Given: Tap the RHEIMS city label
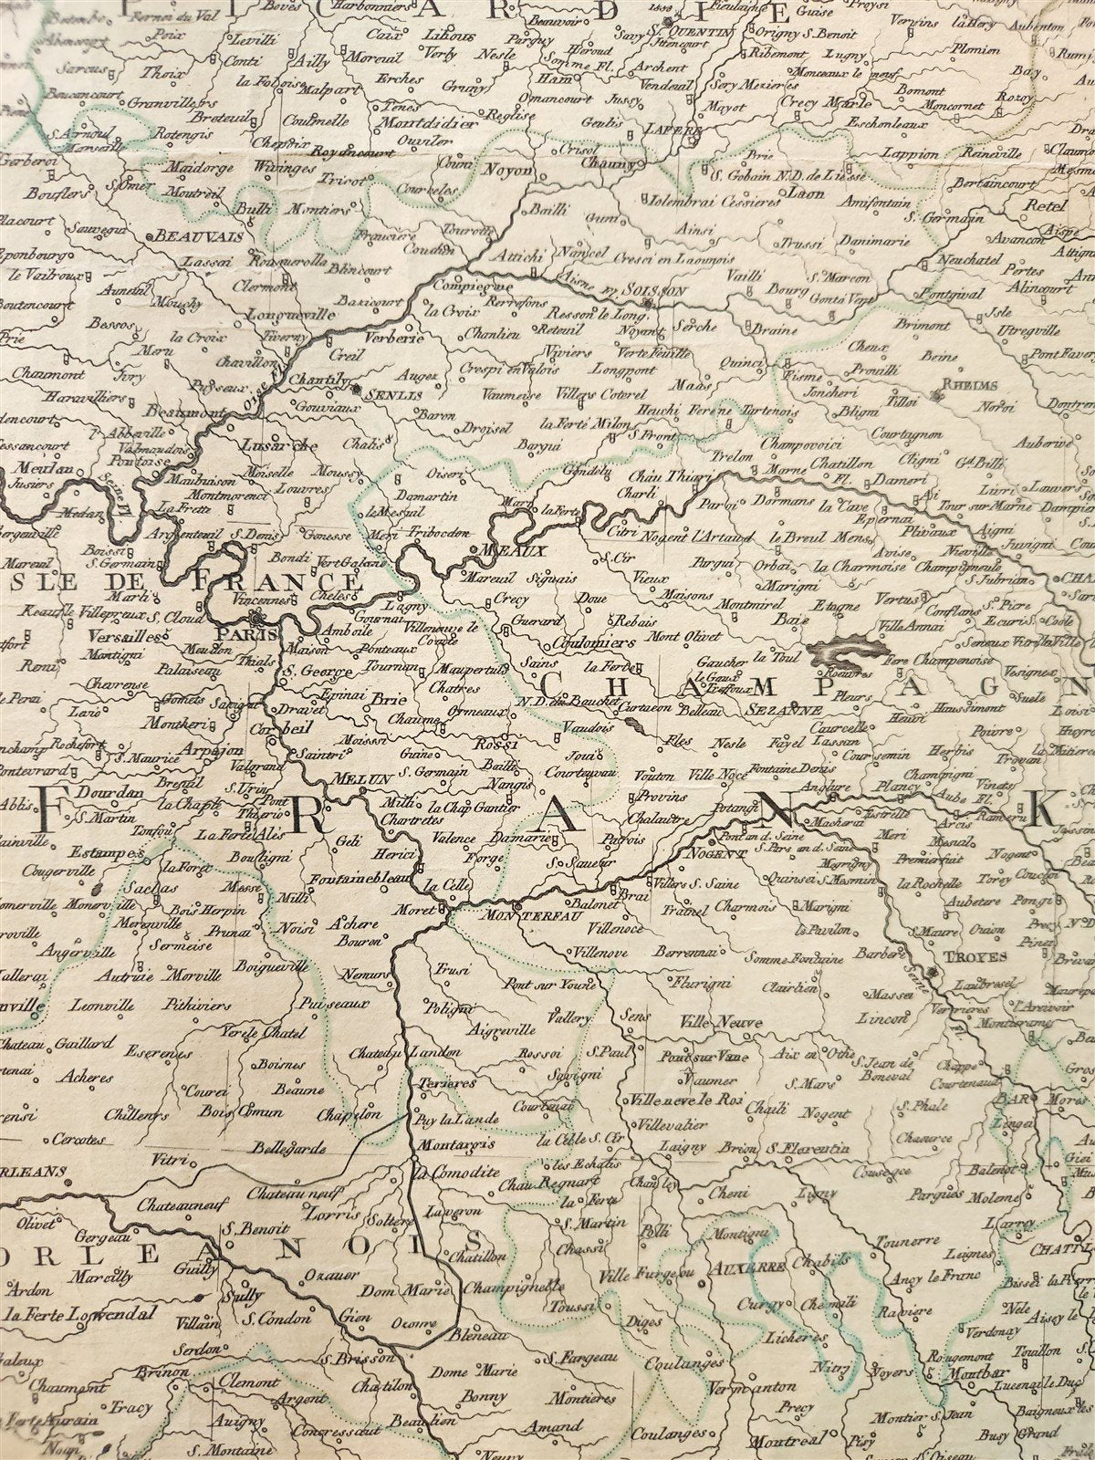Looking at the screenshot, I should click(x=975, y=386).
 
